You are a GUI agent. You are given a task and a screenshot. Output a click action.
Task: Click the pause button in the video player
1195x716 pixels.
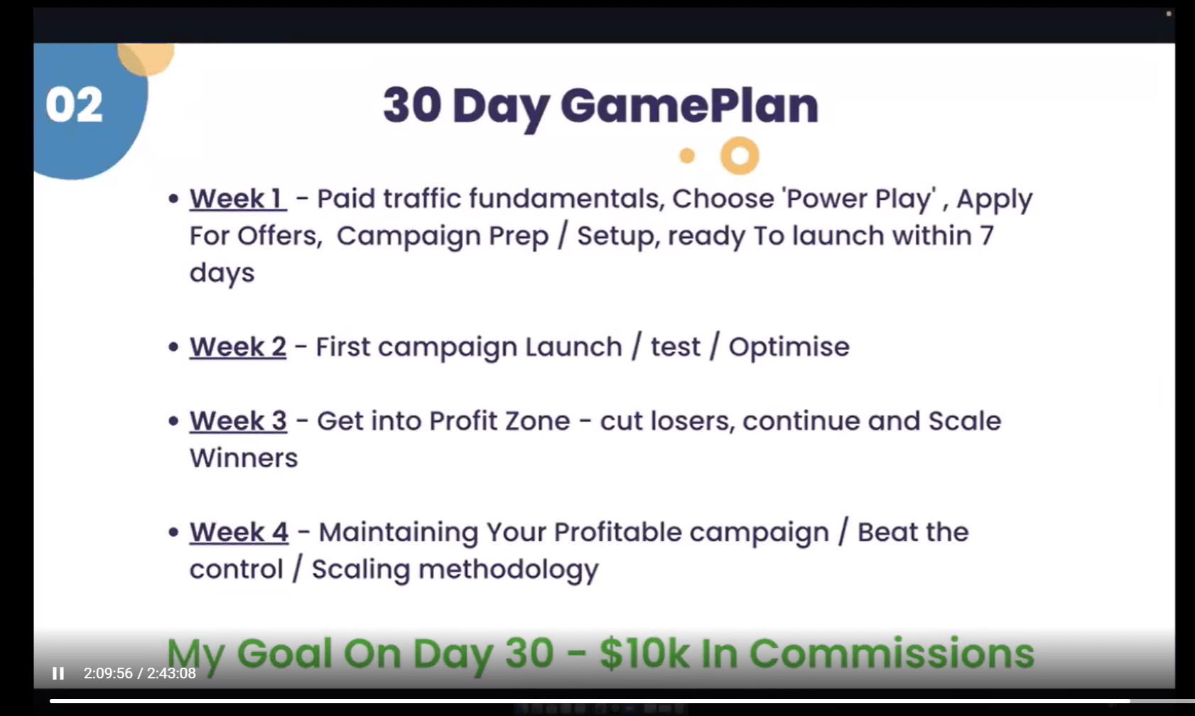coord(58,673)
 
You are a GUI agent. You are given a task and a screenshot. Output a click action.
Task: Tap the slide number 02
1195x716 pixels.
coord(74,105)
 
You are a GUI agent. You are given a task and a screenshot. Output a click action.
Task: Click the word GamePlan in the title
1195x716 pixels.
coord(689,107)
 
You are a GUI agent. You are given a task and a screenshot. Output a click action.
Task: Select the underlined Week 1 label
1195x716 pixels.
coord(238,198)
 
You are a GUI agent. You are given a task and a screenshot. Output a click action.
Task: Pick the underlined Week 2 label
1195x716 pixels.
coord(238,347)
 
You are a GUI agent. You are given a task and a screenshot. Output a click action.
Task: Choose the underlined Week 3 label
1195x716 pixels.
coord(239,421)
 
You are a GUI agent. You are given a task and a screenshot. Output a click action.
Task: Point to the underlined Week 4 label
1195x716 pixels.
coord(239,532)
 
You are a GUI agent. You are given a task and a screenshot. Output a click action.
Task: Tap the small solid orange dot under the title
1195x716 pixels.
coord(687,156)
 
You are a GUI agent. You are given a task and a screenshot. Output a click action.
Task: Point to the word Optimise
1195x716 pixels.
coord(789,348)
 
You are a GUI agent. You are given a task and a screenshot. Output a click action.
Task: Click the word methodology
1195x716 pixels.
coord(509,570)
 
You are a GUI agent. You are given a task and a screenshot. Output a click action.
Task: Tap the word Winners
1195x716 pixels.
coord(244,458)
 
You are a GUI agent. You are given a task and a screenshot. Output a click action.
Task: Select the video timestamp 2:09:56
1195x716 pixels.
coord(108,673)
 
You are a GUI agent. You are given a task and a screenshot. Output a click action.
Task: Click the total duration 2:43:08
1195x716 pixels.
coord(171,673)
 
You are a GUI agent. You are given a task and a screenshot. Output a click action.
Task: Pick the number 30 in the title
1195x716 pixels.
coord(412,105)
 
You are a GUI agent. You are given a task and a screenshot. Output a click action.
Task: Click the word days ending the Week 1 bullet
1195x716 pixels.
coord(222,273)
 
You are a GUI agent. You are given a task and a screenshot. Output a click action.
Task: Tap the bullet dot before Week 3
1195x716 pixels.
coord(173,421)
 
